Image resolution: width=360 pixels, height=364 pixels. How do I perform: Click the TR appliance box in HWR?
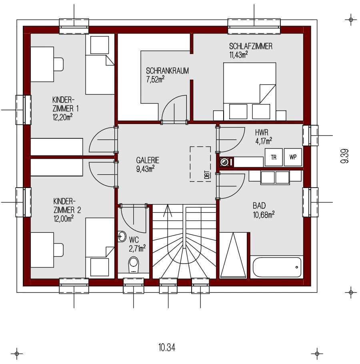(x=274, y=157)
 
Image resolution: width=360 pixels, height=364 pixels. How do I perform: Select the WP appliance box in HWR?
(x=293, y=157)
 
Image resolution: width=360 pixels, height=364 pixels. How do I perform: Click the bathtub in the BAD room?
(x=276, y=267)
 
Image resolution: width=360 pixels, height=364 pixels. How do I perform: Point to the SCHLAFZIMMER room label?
(x=250, y=46)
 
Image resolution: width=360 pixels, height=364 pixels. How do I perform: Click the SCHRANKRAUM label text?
(x=167, y=71)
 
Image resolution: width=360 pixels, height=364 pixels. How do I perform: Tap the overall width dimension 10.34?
(x=167, y=347)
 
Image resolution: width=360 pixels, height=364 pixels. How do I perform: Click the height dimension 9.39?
(x=345, y=156)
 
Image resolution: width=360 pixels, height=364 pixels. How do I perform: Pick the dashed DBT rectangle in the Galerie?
(x=200, y=164)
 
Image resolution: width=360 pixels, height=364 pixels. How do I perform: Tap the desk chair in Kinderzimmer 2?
(x=58, y=250)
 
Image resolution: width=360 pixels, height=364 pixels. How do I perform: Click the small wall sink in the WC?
(x=122, y=236)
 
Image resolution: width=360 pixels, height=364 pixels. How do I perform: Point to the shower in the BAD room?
(x=234, y=256)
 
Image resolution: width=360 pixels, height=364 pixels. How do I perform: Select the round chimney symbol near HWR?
(x=225, y=162)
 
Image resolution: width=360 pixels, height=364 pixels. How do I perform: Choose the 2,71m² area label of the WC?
(x=137, y=248)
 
